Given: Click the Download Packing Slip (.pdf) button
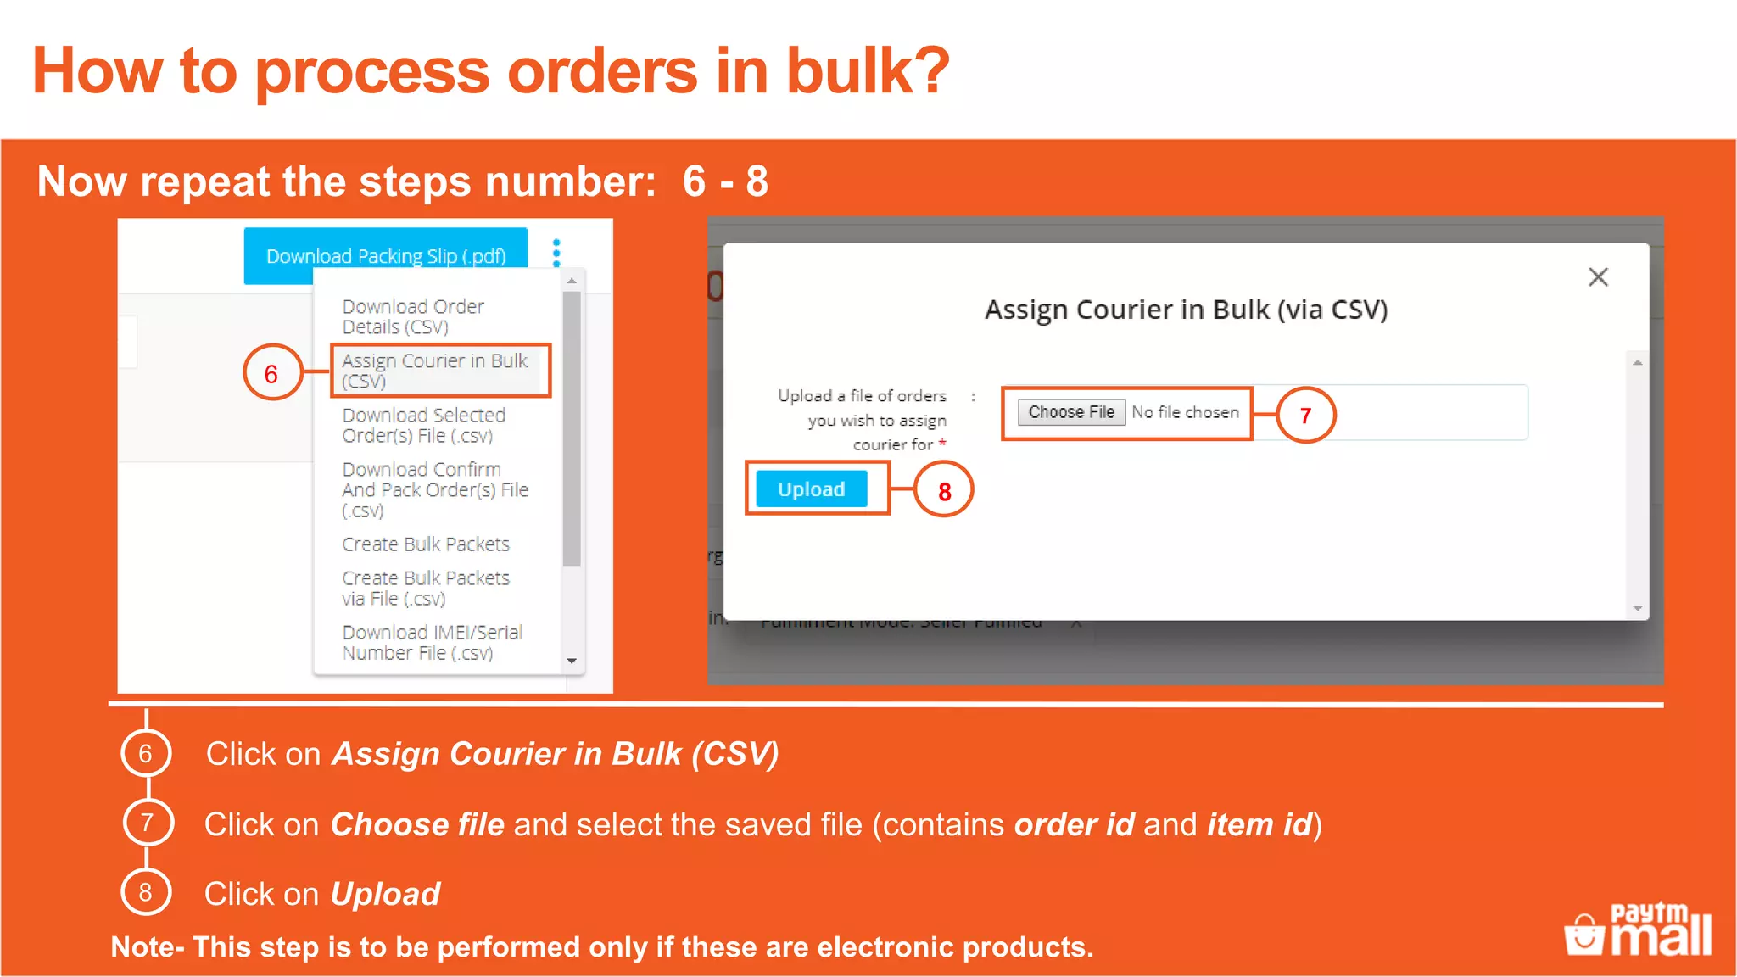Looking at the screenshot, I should point(386,255).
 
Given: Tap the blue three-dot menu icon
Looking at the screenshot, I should point(556,253).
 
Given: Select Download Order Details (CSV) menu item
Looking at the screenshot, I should point(413,316).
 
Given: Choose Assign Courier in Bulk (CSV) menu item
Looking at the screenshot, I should point(435,371).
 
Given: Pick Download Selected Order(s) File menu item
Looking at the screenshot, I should point(423,425).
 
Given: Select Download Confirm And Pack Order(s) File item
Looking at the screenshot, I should point(434,489).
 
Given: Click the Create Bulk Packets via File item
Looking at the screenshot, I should point(426,588).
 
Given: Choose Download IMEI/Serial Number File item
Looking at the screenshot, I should point(432,642).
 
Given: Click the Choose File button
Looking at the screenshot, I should point(1071,412).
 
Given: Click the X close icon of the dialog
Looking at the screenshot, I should point(1598,277).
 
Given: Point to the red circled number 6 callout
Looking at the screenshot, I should point(272,373).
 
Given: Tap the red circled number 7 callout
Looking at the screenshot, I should point(1305,415).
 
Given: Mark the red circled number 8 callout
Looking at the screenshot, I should point(944,490).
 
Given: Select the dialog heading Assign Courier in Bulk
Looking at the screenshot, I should point(1186,310).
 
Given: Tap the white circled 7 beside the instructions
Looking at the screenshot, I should point(148,822).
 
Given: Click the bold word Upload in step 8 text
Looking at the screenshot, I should point(385,894).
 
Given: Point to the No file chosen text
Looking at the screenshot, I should point(1185,412).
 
